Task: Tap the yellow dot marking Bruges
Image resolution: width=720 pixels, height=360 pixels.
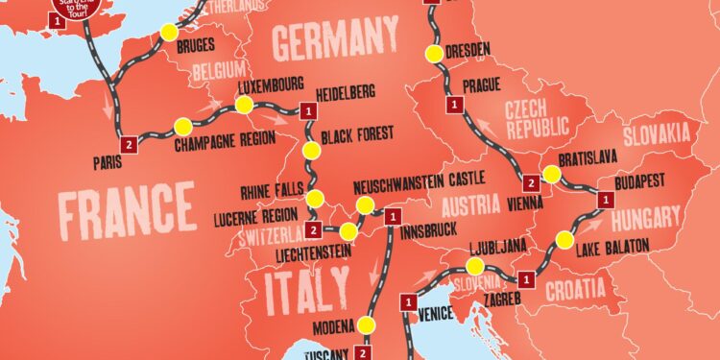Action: click(170, 32)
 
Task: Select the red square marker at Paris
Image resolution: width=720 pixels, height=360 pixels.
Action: click(130, 144)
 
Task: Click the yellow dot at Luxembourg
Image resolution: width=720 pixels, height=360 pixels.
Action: click(245, 104)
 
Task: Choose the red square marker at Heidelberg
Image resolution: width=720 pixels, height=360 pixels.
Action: click(307, 112)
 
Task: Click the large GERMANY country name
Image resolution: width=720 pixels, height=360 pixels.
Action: click(335, 41)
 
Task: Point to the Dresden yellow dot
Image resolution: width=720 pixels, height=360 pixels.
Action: click(436, 53)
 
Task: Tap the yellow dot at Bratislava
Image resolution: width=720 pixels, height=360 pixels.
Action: click(552, 174)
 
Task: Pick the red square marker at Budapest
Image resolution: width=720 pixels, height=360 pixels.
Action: click(605, 199)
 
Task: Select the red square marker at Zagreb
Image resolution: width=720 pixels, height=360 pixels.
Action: click(525, 279)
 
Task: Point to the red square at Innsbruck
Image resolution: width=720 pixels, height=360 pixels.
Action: click(391, 217)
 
